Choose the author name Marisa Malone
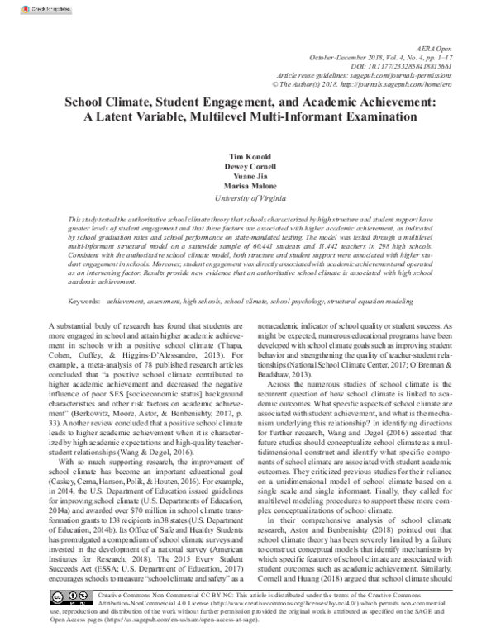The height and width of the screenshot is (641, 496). click(x=247, y=187)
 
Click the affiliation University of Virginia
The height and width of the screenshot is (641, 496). click(x=247, y=198)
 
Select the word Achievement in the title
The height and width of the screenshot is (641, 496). click(x=391, y=103)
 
